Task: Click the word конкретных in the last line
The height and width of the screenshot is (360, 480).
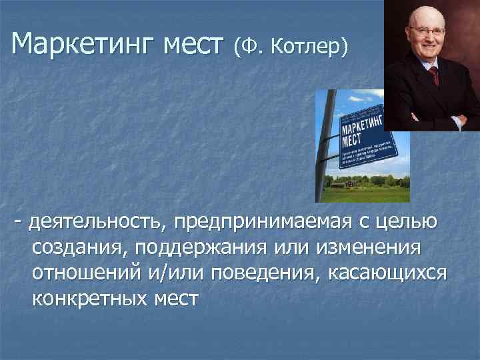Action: point(88,299)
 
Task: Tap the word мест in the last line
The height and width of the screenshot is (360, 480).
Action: point(174,299)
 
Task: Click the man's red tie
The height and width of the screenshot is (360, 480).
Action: point(435,73)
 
